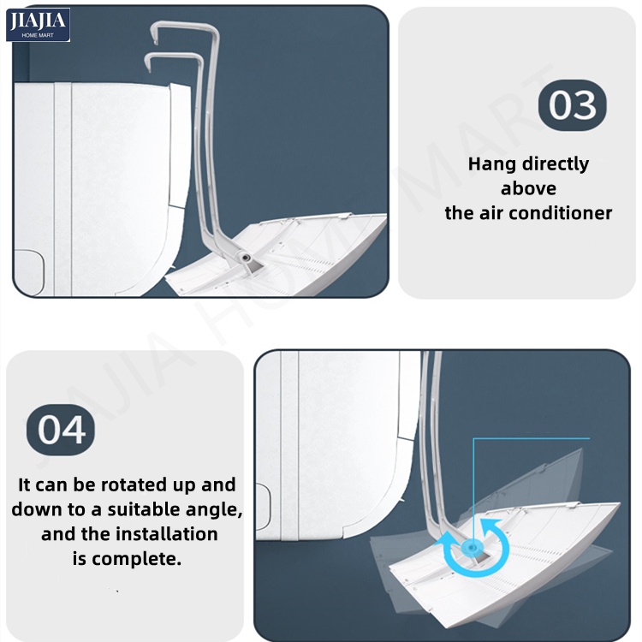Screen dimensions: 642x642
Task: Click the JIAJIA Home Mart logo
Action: point(38,25)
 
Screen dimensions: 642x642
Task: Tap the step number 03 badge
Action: point(573,105)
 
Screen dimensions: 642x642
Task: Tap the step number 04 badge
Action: point(61,430)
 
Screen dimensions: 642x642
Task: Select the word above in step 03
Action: point(528,189)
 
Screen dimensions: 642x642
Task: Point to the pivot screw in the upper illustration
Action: point(246,258)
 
